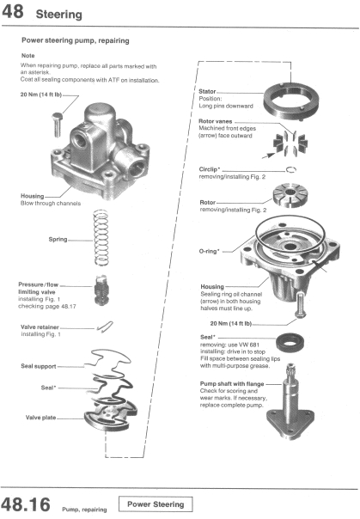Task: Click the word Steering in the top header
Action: click(x=58, y=14)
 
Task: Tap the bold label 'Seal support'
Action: click(x=40, y=367)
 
